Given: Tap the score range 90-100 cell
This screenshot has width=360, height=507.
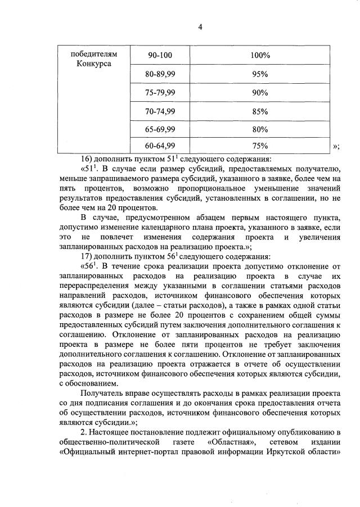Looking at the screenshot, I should pos(161,55).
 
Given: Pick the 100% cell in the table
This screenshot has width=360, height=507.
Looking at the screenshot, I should pos(259,55).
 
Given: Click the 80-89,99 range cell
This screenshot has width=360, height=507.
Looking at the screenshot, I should pos(161,74).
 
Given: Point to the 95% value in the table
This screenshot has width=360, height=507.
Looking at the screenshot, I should pos(259,74).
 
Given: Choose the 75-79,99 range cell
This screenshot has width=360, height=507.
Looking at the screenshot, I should pos(161,93).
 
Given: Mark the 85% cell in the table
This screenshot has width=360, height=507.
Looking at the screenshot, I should pos(259,111).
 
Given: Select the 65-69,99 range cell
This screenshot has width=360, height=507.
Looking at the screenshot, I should pos(161,129).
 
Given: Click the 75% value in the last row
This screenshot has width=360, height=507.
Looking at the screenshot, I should pos(259,146).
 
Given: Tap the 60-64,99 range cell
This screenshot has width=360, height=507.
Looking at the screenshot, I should pos(161,146).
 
